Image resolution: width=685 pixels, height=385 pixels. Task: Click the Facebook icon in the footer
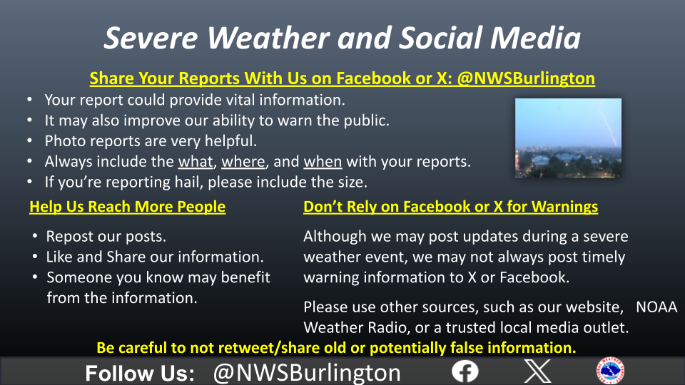465,371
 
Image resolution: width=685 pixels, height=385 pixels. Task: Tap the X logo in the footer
537,371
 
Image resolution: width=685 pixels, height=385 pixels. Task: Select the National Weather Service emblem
610,371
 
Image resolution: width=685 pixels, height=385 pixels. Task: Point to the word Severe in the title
151,38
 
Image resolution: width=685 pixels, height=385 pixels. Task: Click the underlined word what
196,162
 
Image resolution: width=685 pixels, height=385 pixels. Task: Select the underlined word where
243,162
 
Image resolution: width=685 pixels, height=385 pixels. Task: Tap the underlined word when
323,162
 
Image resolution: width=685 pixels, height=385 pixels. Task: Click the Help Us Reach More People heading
128,207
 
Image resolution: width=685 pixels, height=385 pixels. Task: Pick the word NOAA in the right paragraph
656,307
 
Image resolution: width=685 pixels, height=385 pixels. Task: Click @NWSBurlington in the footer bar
307,373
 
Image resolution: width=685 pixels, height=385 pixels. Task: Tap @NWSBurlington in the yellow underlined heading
526,78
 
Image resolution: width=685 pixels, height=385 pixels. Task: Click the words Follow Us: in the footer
140,373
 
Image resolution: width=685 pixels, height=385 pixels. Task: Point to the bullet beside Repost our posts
35,236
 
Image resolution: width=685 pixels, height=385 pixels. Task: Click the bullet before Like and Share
35,257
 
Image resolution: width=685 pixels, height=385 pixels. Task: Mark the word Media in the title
536,38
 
